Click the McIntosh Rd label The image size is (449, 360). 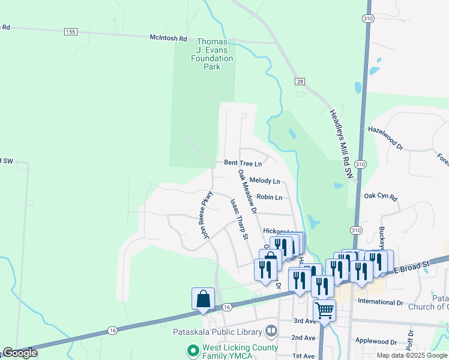click(168, 38)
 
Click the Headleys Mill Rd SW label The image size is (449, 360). click(340, 143)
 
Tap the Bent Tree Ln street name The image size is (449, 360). click(243, 163)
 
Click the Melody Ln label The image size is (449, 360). click(265, 181)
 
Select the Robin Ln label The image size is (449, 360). click(269, 197)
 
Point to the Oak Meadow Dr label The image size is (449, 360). click(247, 192)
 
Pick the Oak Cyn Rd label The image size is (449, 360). click(381, 197)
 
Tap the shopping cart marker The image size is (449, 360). click(324, 311)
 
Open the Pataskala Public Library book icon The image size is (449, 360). click(271, 331)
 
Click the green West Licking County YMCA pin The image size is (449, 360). click(193, 350)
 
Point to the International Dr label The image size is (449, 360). click(380, 302)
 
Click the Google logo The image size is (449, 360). click(20, 353)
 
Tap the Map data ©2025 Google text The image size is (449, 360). click(411, 355)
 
